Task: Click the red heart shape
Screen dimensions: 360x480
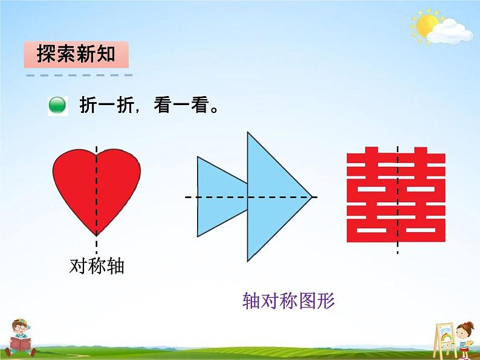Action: [97, 187]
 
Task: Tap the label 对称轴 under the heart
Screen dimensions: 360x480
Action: [97, 266]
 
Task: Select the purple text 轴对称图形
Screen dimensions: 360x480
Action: [288, 300]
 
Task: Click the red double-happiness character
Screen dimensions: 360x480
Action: [397, 197]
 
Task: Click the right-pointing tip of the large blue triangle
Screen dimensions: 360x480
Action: [311, 197]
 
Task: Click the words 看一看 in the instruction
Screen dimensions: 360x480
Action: [181, 106]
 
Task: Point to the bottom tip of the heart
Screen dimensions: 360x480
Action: [97, 234]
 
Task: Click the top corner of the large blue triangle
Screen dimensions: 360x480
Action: [248, 133]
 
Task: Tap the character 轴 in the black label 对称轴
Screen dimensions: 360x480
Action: [115, 266]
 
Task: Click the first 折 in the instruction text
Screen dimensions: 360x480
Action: [88, 106]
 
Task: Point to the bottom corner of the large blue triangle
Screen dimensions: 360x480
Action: [248, 260]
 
